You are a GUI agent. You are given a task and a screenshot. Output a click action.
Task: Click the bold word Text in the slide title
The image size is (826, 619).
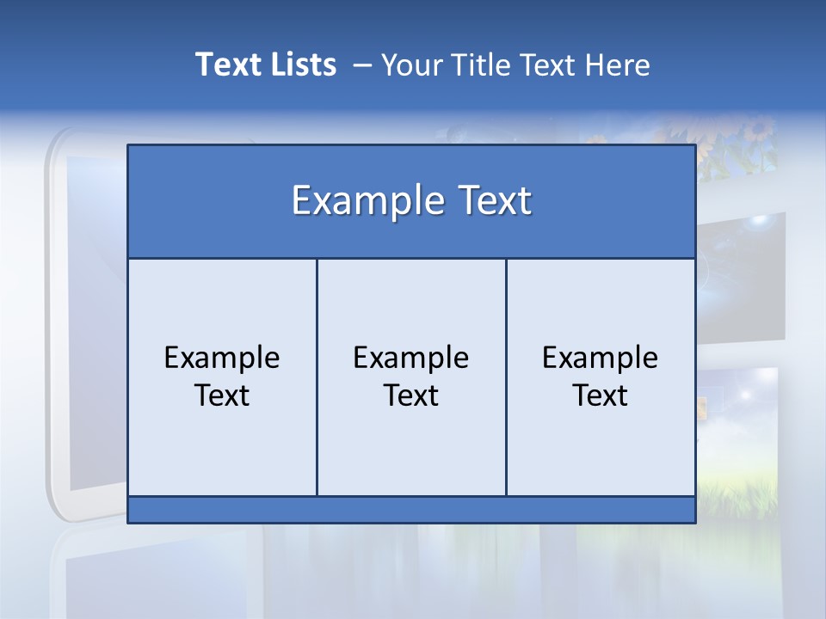226,64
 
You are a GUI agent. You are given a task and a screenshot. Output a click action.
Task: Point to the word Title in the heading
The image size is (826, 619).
489,64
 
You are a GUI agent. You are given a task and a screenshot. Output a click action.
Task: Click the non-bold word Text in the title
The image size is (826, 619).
553,64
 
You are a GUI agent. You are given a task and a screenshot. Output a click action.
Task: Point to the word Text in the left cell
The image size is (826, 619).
222,395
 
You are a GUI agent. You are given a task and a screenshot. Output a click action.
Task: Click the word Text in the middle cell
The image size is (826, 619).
411,395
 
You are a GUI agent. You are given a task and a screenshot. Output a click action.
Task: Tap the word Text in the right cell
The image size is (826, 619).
601,395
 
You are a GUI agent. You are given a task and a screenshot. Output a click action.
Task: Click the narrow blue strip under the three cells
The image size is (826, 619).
411,510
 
